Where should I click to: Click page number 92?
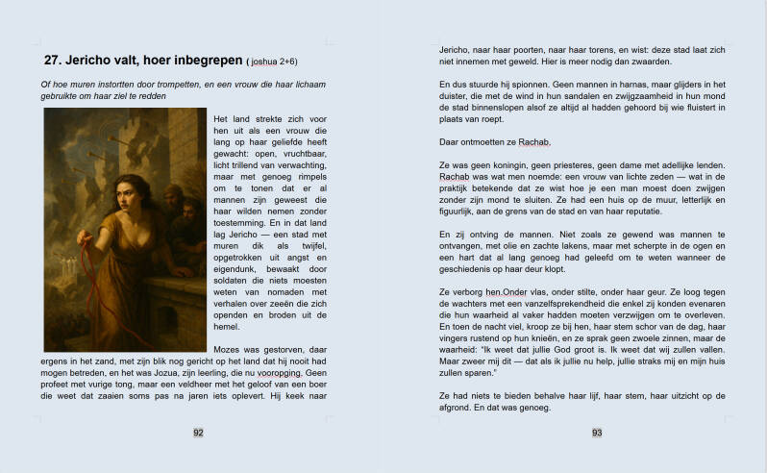coord(198,433)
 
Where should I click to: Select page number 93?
coord(597,433)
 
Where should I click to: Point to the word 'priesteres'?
coord(572,165)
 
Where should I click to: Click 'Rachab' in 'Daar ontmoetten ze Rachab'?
coord(534,142)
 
